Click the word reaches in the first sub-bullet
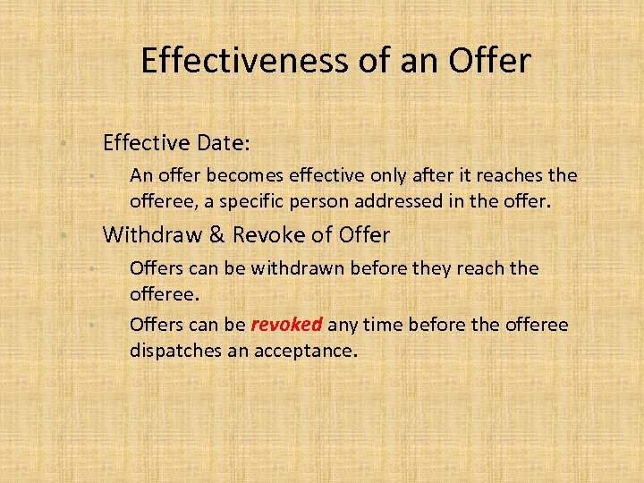click(507, 175)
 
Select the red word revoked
click(286, 324)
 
